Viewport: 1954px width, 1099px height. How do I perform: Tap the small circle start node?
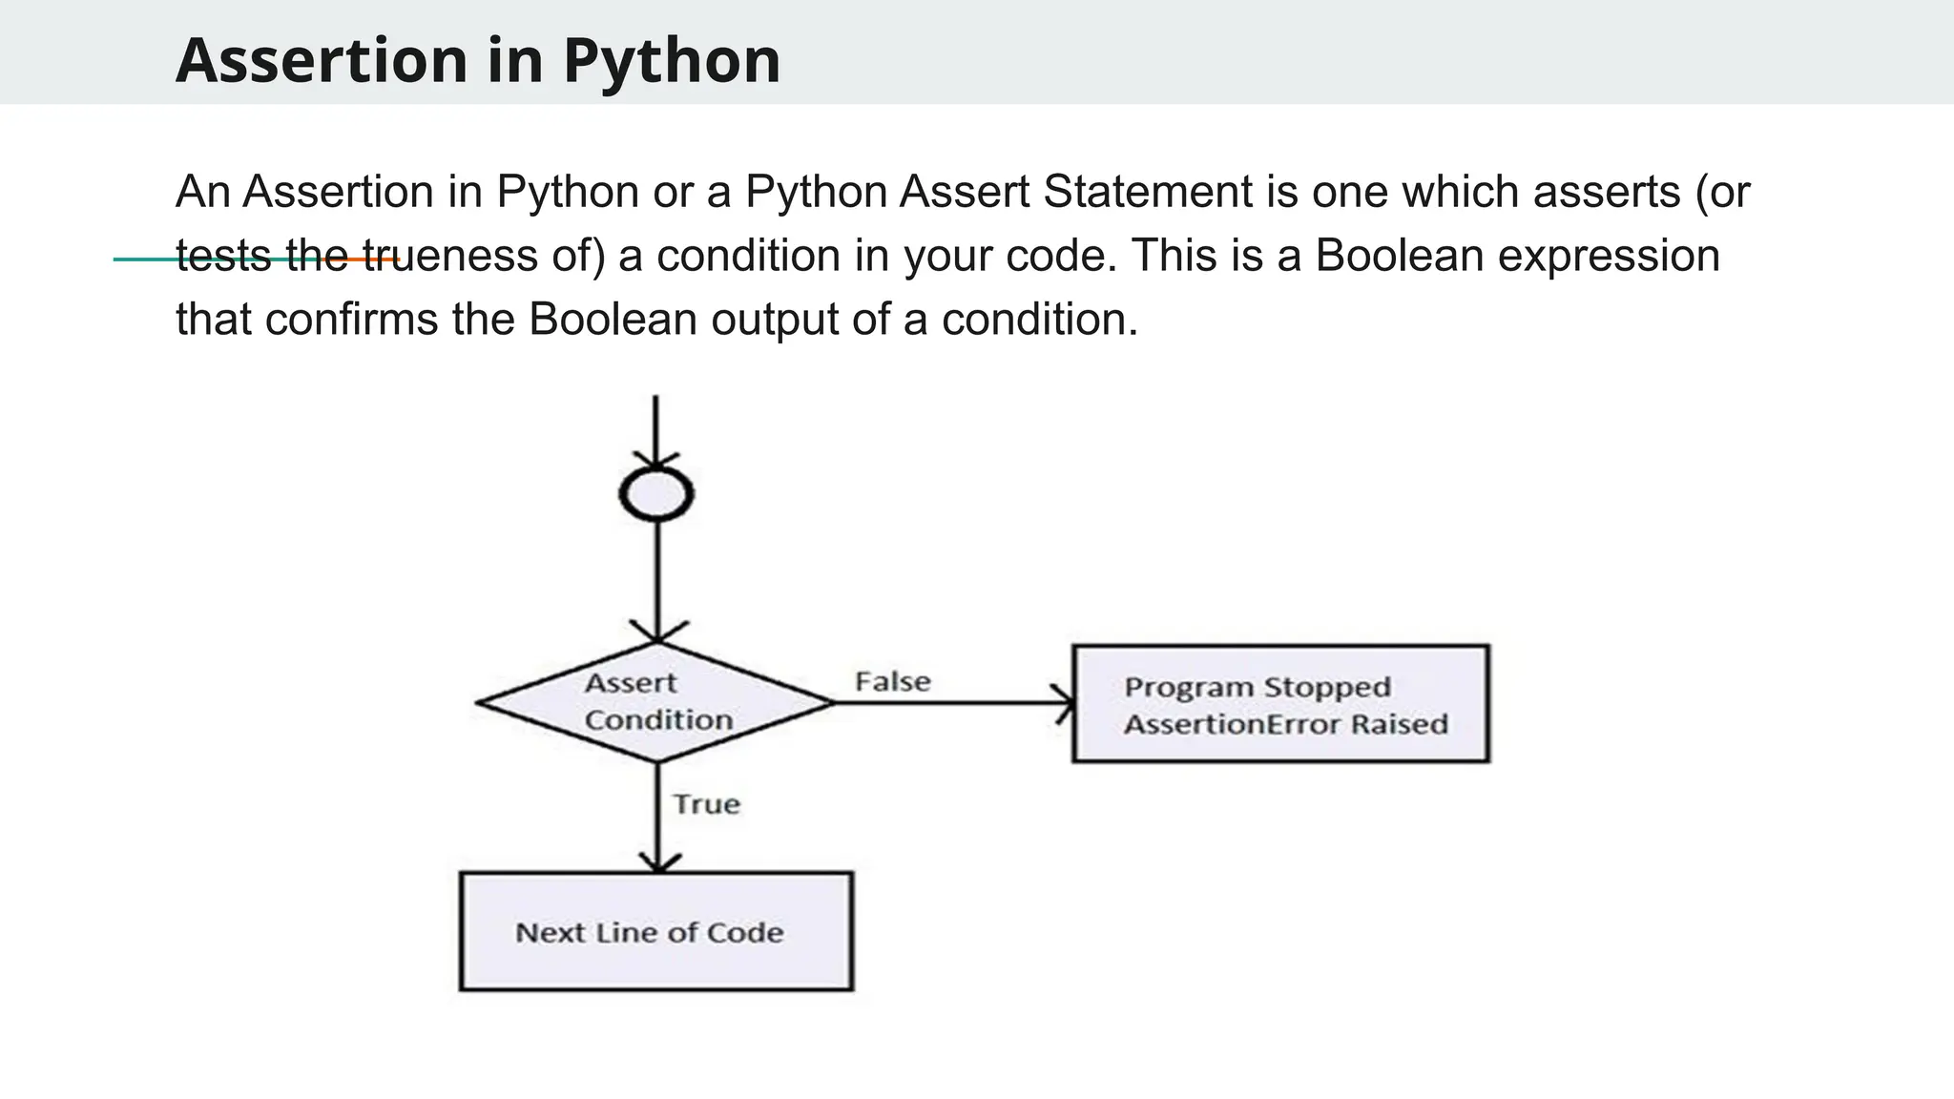coord(656,494)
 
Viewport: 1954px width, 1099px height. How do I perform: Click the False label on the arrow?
coord(892,682)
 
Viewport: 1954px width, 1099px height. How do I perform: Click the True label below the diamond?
coord(706,804)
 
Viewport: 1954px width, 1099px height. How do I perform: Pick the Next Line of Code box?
coord(656,931)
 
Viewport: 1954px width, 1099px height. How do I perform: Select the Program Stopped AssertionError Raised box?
coord(1280,704)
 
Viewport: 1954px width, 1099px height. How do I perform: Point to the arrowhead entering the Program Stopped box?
coord(1064,703)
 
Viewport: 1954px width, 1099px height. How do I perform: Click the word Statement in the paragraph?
coord(1148,192)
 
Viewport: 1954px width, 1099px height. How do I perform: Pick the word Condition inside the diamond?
coord(658,720)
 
